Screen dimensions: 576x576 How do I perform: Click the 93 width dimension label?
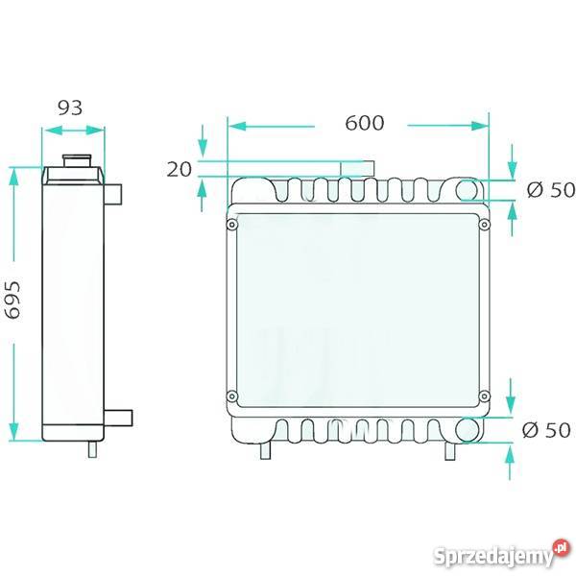(x=70, y=108)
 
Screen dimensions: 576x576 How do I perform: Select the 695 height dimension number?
(x=13, y=300)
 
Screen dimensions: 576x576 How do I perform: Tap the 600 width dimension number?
(x=365, y=123)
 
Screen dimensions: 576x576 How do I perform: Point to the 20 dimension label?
(x=180, y=170)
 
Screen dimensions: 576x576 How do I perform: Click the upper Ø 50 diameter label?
(x=551, y=190)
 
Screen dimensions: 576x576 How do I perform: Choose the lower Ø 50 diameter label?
(x=546, y=430)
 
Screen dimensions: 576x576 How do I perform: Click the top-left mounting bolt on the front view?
(x=231, y=224)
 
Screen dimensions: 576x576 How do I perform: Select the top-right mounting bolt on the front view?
(x=484, y=225)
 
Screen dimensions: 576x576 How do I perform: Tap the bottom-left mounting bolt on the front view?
(x=231, y=396)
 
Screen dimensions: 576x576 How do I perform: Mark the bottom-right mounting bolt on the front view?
(x=485, y=396)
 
